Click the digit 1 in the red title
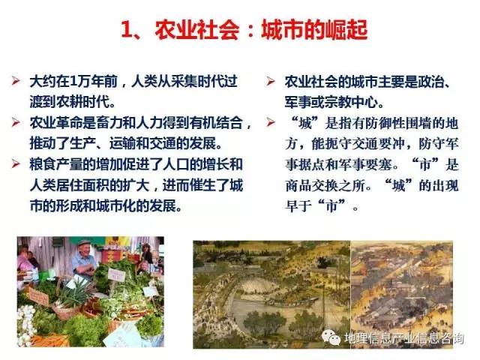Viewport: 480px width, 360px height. pos(127,30)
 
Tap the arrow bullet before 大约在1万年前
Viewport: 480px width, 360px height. pos(16,81)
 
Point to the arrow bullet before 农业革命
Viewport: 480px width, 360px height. pos(16,122)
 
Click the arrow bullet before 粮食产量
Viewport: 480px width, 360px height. pos(16,163)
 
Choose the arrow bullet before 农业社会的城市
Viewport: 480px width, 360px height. pos(271,81)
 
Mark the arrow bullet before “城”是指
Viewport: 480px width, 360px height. pos(271,122)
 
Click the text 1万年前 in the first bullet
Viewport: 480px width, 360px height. pos(94,82)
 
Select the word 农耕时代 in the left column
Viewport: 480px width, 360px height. pos(70,102)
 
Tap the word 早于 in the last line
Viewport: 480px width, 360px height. pos(298,206)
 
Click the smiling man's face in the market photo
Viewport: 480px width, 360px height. pos(85,251)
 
